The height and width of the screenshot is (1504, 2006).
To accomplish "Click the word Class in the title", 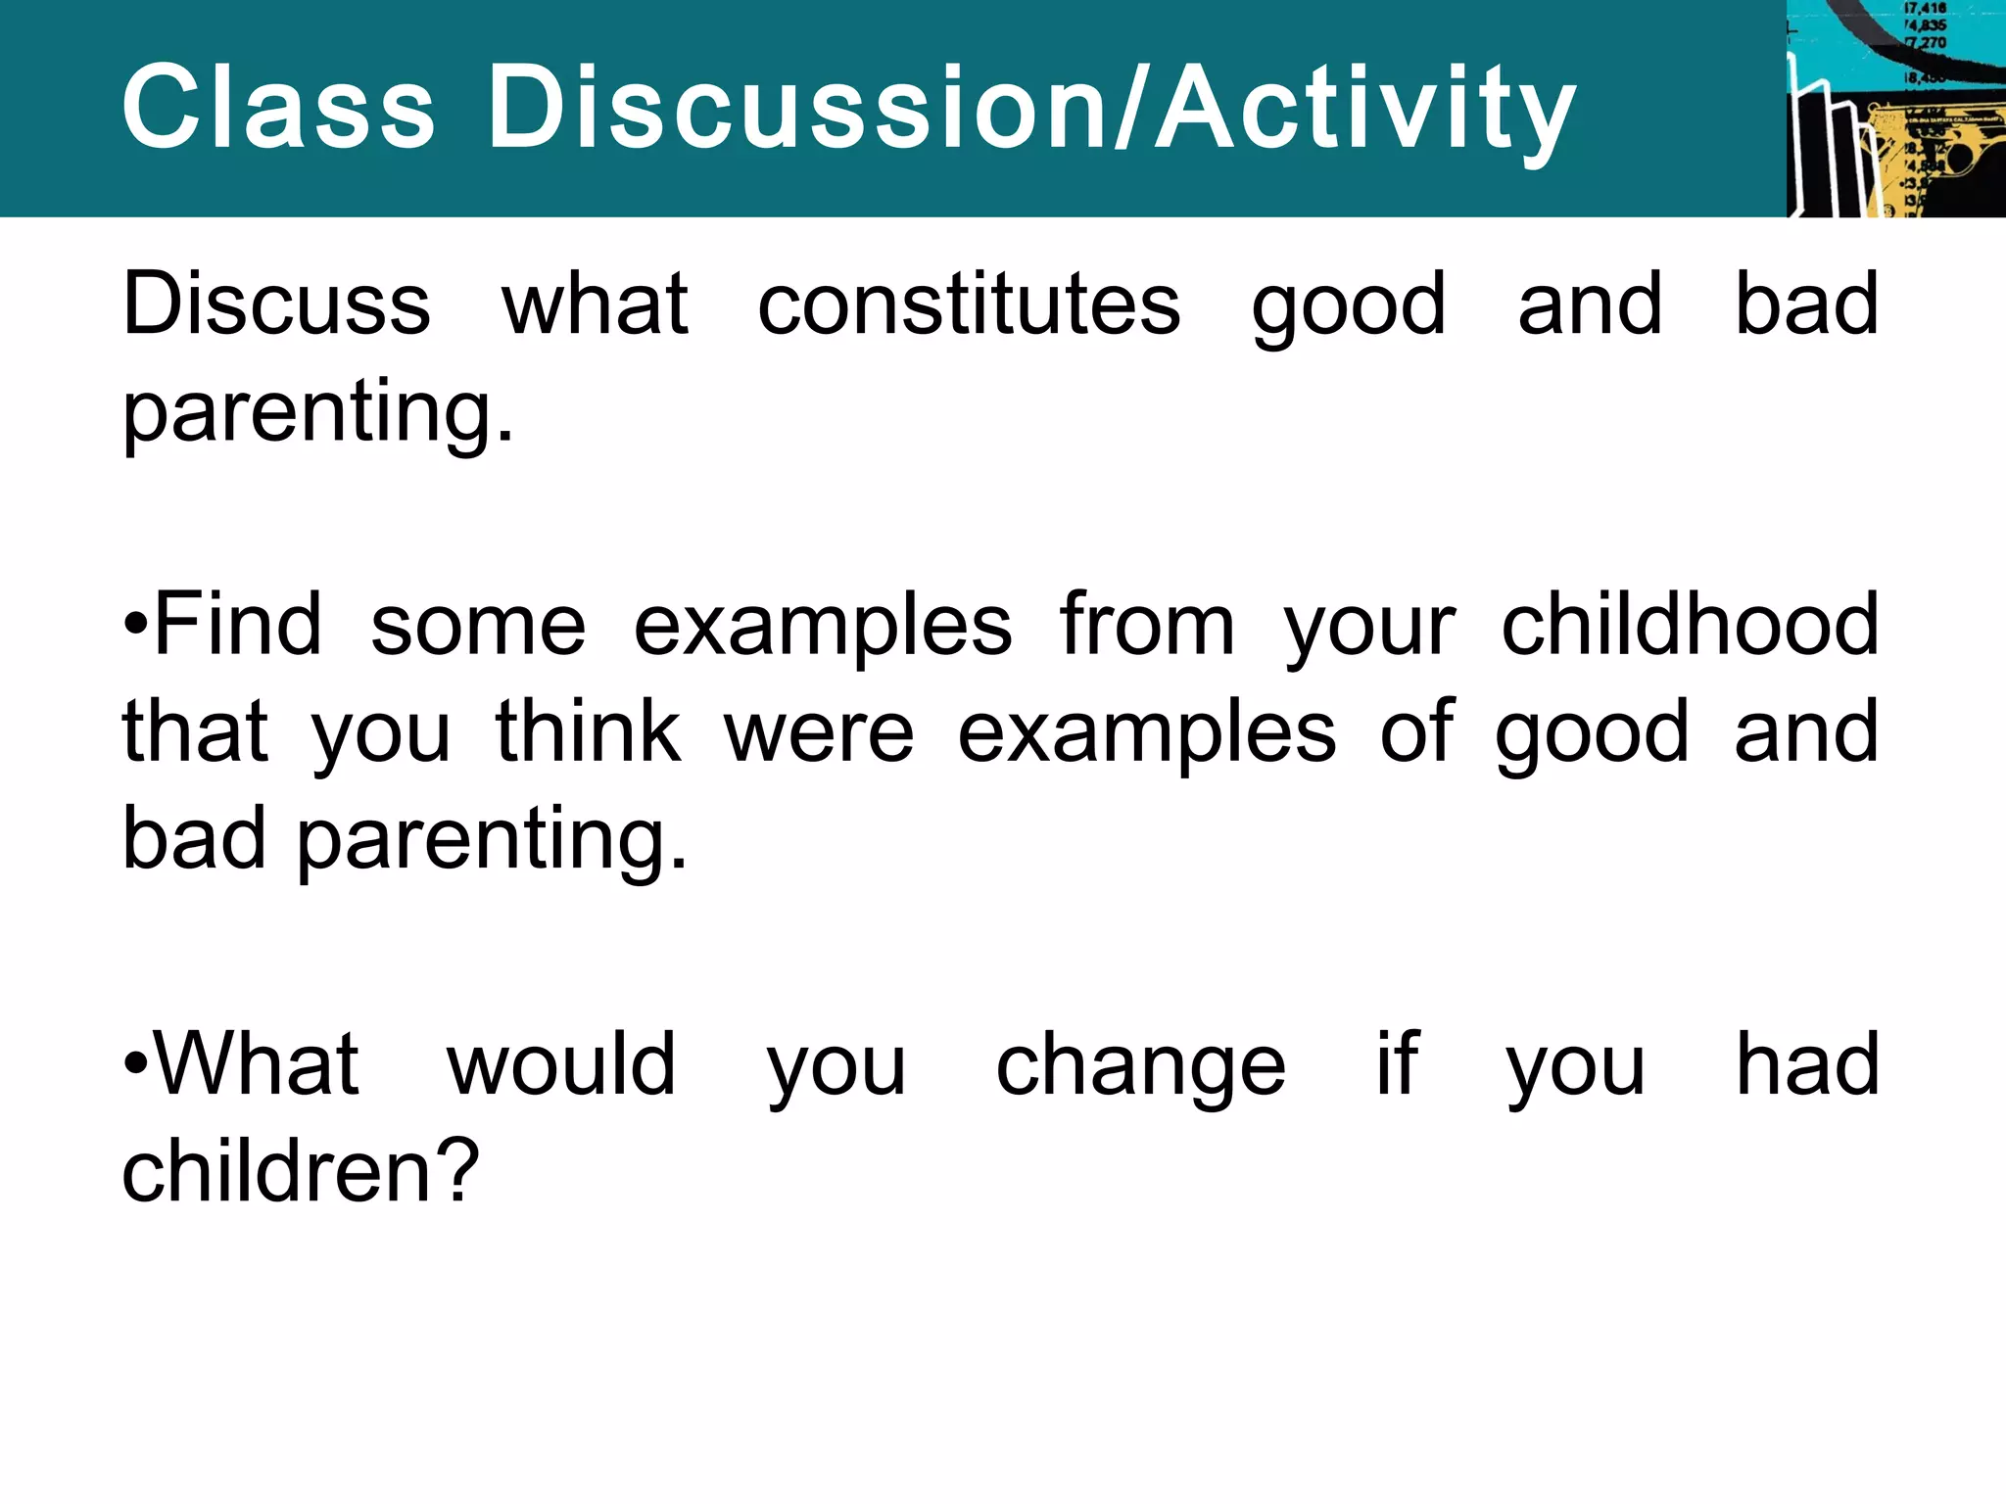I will (278, 107).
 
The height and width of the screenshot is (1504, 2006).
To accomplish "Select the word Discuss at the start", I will (276, 304).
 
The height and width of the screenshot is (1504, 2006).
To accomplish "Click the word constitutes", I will (969, 304).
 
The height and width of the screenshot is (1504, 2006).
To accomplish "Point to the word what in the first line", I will (595, 304).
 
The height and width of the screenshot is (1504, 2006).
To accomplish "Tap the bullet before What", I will (135, 1064).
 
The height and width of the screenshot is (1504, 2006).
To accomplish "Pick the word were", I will (819, 734).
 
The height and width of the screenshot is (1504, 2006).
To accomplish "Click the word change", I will (1140, 1067).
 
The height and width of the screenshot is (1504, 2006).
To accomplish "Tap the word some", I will (478, 627).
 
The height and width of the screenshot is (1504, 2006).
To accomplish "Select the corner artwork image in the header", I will (1895, 108).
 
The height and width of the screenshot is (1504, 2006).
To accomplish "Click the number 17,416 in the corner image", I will (1925, 9).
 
